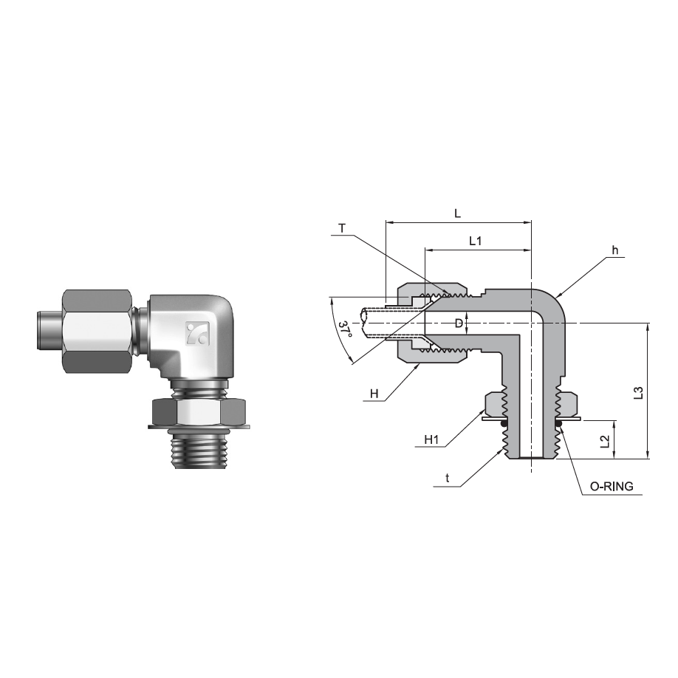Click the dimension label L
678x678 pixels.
458,213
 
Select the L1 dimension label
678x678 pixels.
476,242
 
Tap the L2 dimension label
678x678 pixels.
605,441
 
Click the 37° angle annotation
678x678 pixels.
343,330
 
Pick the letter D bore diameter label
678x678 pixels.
459,323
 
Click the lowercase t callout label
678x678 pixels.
448,479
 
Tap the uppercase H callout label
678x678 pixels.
374,394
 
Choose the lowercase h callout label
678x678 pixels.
614,250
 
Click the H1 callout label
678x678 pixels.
432,440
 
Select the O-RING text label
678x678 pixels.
611,487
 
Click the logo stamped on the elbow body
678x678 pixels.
196,335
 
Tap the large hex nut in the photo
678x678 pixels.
99,332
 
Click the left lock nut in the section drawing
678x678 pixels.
494,404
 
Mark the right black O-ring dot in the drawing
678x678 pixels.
560,424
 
